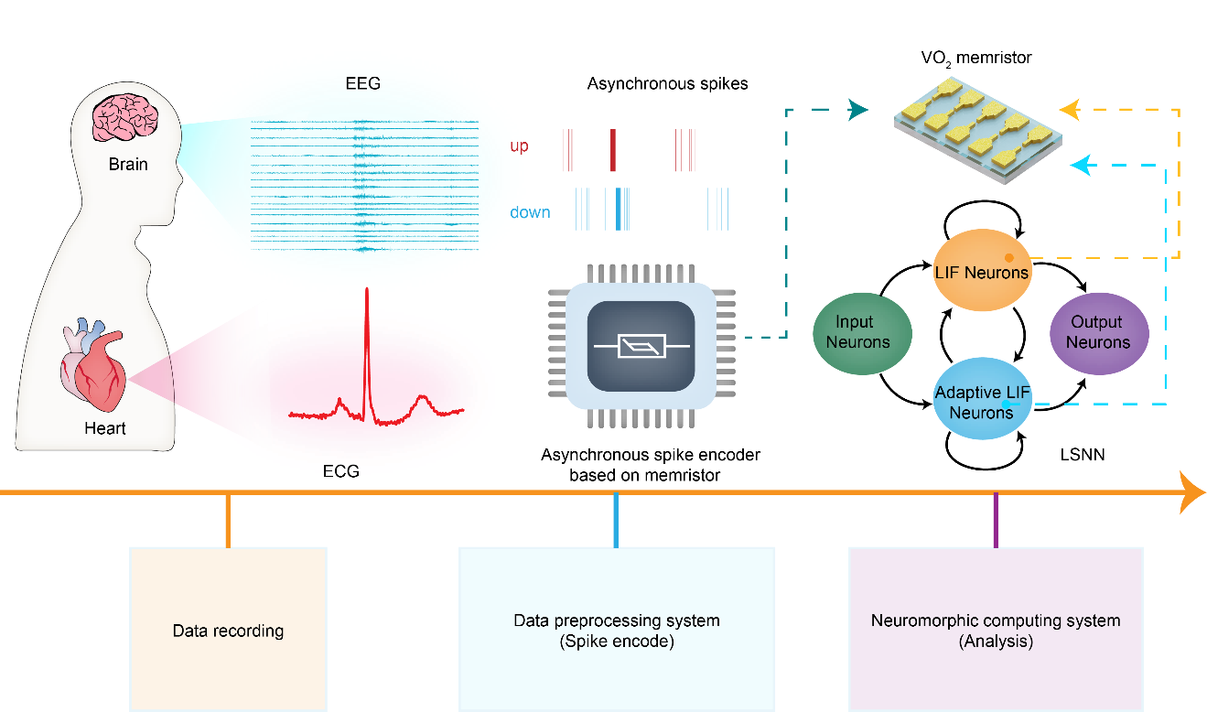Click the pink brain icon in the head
127,119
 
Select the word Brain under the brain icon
128,165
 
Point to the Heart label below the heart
105,428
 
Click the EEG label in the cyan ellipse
363,84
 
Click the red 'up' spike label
519,146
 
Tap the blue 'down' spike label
531,213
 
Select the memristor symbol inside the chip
641,346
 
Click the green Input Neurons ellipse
862,332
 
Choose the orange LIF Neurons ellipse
982,271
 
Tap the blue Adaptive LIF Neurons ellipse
982,399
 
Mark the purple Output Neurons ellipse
1098,332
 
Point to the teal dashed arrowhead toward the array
859,111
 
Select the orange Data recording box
228,630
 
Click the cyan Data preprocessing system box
616,630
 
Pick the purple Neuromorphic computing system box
996,630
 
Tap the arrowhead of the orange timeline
1193,492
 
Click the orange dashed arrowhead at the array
1069,111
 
